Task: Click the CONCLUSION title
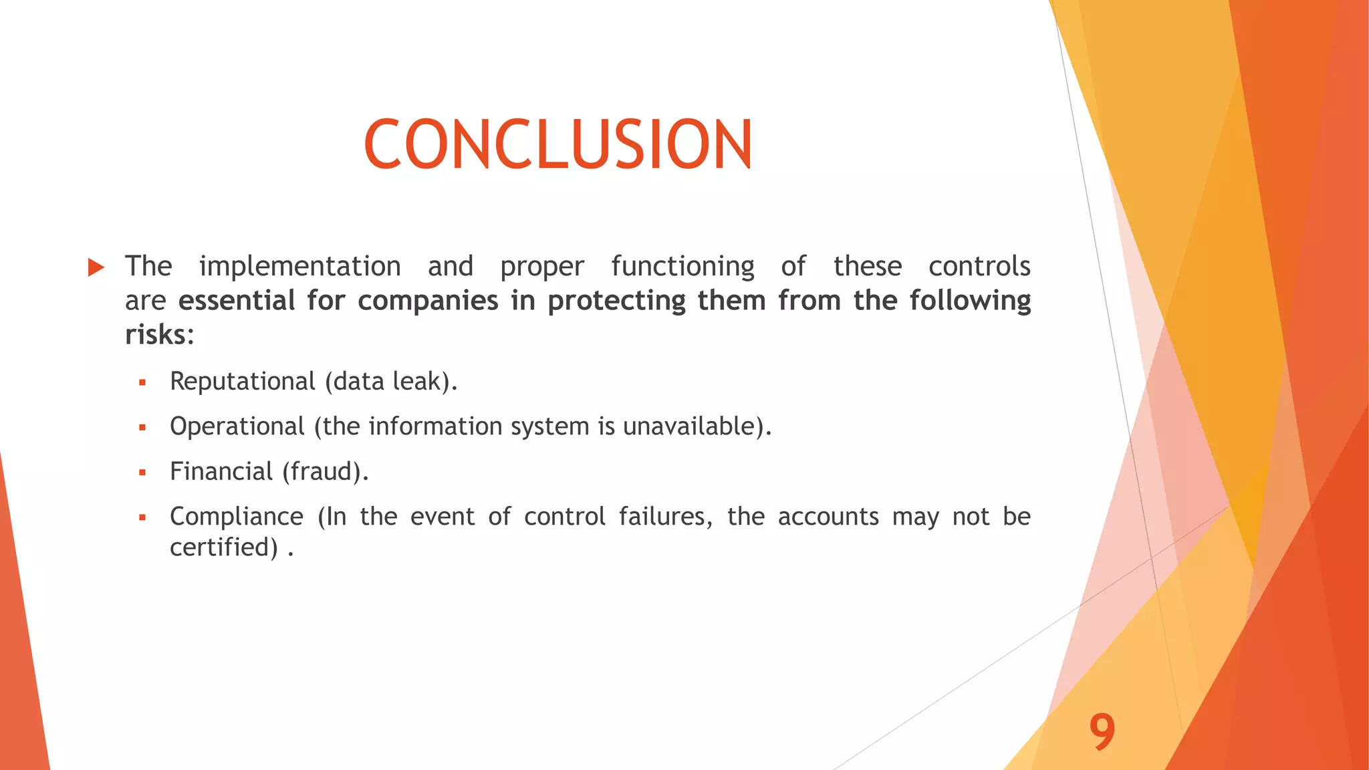pyautogui.click(x=558, y=144)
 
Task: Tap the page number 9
pyautogui.click(x=1102, y=732)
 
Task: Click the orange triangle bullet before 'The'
pyautogui.click(x=96, y=268)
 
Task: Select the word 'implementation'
pyautogui.click(x=299, y=267)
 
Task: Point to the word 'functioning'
pyautogui.click(x=682, y=267)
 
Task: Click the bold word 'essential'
pyautogui.click(x=237, y=301)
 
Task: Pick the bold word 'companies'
pyautogui.click(x=428, y=301)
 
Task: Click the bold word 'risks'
pyautogui.click(x=155, y=335)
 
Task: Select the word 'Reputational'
pyautogui.click(x=242, y=382)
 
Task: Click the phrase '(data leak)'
pyautogui.click(x=390, y=382)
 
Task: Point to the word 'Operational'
pyautogui.click(x=237, y=426)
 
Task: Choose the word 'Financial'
pyautogui.click(x=221, y=472)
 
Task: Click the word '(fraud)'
pyautogui.click(x=324, y=472)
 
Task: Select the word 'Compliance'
pyautogui.click(x=236, y=517)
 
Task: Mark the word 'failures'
pyautogui.click(x=665, y=517)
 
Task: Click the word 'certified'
pyautogui.click(x=223, y=547)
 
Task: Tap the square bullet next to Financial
pyautogui.click(x=142, y=473)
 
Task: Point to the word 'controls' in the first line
pyautogui.click(x=979, y=267)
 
